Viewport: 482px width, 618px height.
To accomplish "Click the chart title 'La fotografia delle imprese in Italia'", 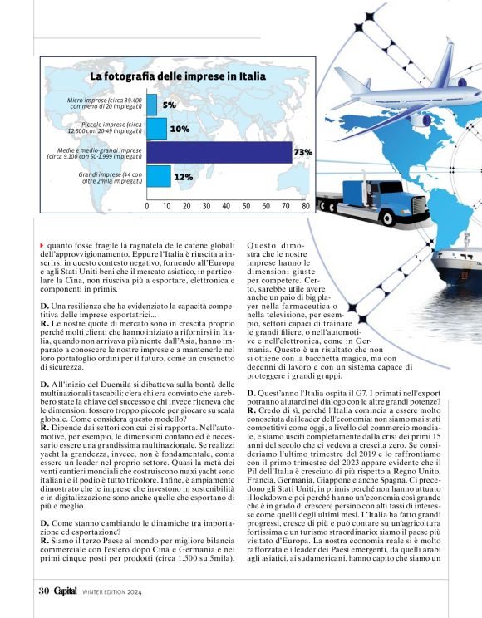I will tap(178, 76).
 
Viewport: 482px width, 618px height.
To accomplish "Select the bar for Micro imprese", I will tap(152, 105).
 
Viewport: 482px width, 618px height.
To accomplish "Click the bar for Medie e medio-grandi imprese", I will tap(219, 153).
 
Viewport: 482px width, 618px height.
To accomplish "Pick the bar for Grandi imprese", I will tap(159, 177).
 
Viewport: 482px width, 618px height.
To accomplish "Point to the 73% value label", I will tap(302, 153).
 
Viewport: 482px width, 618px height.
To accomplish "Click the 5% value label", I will tap(170, 105).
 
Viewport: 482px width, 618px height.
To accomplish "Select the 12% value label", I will tap(184, 177).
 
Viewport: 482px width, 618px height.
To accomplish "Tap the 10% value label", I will tap(180, 130).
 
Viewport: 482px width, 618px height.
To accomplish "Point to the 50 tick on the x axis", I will tap(246, 205).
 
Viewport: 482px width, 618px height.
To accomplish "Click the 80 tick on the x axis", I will tap(305, 205).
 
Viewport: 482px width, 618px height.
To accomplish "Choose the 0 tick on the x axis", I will tap(147, 205).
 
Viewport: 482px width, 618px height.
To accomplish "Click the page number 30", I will tap(44, 591).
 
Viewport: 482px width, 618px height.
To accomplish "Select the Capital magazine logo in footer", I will tap(66, 591).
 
